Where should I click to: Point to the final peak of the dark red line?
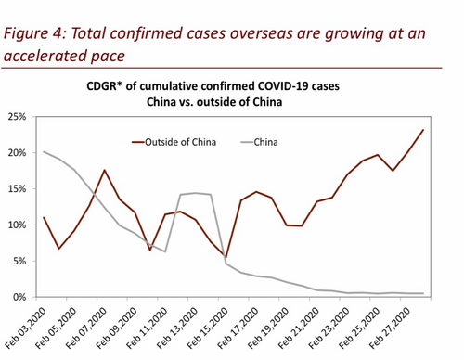[x=423, y=130]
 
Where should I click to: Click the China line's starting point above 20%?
[x=45, y=151]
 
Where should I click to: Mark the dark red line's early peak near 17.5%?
[x=105, y=170]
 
